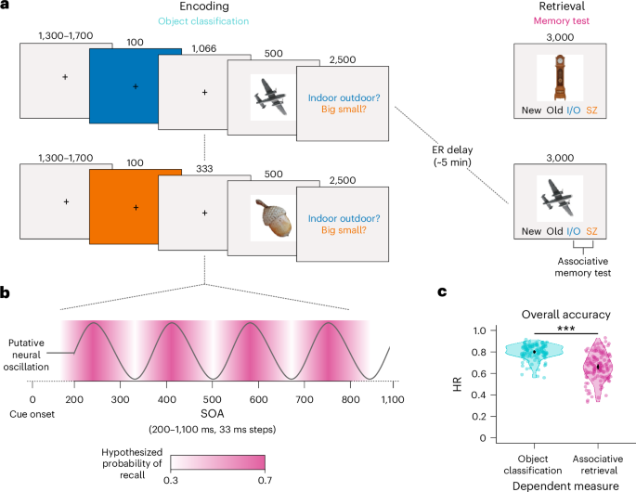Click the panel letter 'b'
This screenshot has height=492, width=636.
(x=6, y=294)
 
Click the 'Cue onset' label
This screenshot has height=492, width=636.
(x=32, y=414)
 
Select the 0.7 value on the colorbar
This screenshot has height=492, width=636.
(x=266, y=481)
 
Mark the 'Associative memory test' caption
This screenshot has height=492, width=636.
(x=582, y=267)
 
